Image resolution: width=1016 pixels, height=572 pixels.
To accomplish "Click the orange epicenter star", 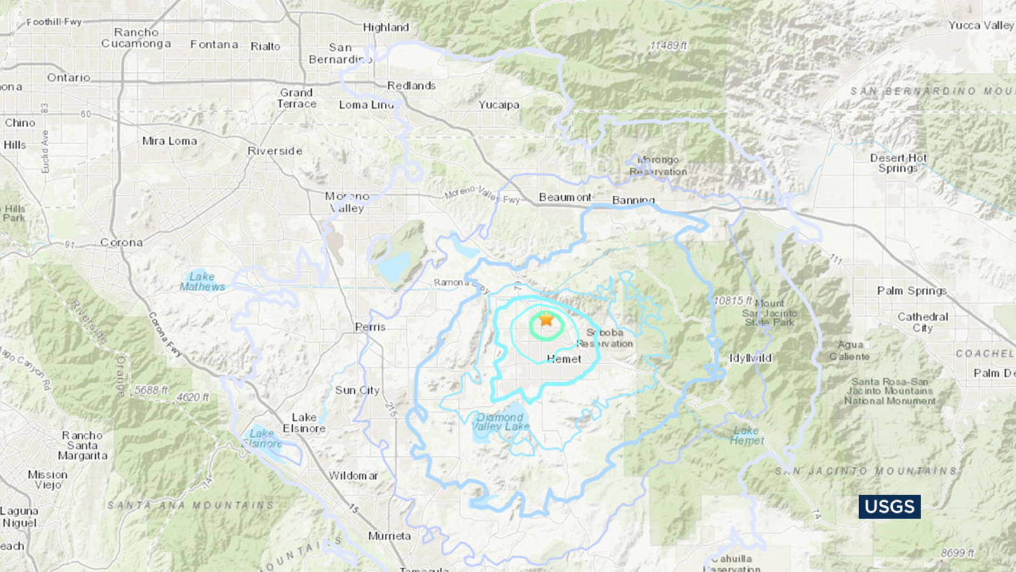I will click(546, 319).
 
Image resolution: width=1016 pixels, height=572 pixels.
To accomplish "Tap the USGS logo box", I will click(889, 507).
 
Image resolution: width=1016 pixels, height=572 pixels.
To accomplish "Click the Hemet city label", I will click(564, 359).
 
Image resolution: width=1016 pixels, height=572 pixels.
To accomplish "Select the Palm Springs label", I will click(912, 290).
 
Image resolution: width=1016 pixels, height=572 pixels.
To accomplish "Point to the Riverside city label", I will click(275, 151).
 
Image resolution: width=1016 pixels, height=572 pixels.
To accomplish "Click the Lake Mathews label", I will click(202, 282).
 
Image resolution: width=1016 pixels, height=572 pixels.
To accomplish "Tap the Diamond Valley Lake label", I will click(501, 422).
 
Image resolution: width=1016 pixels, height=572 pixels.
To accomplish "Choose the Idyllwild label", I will click(750, 358).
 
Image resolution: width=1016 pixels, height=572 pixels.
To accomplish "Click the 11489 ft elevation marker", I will click(668, 46).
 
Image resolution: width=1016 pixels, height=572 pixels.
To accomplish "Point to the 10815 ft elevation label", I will click(733, 301).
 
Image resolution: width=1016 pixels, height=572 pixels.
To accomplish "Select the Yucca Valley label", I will click(980, 25).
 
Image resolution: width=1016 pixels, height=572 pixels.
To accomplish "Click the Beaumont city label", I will click(565, 198).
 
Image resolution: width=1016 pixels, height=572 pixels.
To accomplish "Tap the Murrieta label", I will click(389, 536).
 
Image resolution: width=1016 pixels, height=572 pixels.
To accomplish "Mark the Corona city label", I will click(121, 243).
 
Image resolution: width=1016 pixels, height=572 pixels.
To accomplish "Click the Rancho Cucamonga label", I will click(136, 38).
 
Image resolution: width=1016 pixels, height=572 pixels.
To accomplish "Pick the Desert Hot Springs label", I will click(898, 163).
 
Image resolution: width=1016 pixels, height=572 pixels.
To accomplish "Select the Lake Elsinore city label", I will click(304, 423).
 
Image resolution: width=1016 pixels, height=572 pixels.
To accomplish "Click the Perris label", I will click(370, 327).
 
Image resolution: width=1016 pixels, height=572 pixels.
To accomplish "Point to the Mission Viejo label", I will click(48, 480).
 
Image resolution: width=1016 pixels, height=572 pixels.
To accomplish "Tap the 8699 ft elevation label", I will click(957, 553).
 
